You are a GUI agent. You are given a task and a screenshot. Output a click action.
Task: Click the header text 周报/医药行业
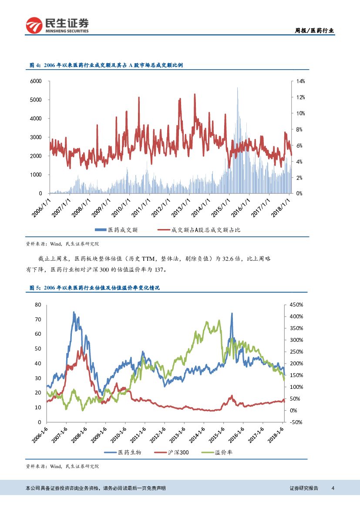pos(314,30)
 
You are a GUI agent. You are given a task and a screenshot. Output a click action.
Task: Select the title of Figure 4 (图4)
pos(106,65)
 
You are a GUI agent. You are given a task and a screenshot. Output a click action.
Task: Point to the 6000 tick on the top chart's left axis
pos(36,81)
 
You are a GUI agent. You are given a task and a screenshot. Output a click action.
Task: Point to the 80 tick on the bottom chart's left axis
pos(38,305)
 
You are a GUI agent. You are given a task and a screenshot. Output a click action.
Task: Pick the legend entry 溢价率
pos(224,452)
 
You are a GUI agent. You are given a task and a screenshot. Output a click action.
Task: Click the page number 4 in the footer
pos(333,488)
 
